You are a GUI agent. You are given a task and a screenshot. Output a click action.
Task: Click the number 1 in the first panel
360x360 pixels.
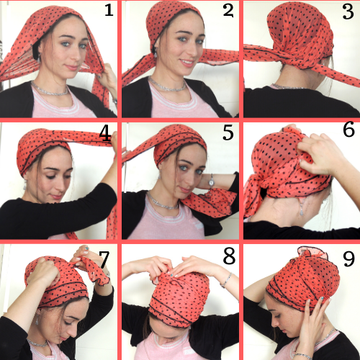109,11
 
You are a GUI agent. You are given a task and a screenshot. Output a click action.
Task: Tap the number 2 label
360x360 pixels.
228,11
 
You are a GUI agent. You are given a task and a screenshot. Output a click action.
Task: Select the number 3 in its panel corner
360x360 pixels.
348,12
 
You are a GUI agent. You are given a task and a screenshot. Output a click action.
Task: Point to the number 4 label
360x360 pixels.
105,133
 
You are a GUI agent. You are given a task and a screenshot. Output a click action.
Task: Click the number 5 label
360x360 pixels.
228,132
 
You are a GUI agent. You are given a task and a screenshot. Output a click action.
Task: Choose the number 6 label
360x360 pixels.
348,129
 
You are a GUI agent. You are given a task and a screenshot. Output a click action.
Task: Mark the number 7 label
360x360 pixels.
104,260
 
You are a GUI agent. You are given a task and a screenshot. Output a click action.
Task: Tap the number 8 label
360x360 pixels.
229,256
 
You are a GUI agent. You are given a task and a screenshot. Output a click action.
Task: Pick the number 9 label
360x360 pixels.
348,258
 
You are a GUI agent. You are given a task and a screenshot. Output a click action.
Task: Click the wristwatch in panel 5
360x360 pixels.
211,181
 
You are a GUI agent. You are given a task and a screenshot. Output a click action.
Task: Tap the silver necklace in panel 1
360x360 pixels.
50,89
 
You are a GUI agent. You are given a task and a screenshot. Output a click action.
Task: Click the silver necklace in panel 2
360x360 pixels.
167,86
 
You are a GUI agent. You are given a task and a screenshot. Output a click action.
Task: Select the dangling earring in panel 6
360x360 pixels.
302,209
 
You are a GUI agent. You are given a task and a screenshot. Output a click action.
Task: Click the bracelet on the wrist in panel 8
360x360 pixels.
226,280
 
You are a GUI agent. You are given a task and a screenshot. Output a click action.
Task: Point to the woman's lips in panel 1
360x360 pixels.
72,67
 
